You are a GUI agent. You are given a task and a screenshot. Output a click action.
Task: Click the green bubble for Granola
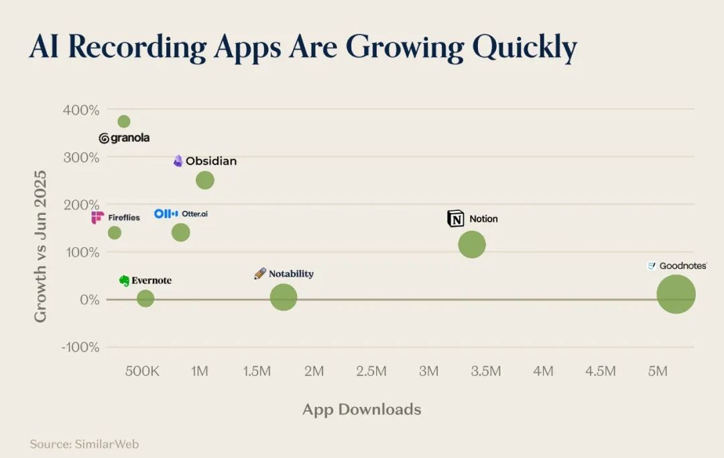[x=124, y=122]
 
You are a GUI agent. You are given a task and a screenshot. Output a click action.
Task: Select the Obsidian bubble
[x=205, y=180]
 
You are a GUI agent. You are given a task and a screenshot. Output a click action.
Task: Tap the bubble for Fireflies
[x=115, y=233]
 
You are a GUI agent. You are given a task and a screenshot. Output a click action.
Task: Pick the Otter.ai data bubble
[x=180, y=232]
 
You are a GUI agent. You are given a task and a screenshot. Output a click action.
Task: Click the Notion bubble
[x=472, y=244]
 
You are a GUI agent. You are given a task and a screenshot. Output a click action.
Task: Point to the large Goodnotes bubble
[x=676, y=294]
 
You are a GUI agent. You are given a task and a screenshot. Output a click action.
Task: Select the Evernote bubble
[x=145, y=298]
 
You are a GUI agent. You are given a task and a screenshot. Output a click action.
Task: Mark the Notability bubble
[x=284, y=297]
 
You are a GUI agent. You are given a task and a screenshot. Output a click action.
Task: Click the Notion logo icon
[x=456, y=218]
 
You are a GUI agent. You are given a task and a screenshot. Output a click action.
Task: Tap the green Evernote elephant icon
[x=124, y=280]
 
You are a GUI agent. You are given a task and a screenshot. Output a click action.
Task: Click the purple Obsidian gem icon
[x=178, y=161]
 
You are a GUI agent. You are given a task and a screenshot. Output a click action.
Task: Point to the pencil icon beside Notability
[x=260, y=273]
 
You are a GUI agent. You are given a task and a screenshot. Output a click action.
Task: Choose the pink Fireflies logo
[x=97, y=217]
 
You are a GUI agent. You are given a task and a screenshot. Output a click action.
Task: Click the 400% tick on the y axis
[x=81, y=110]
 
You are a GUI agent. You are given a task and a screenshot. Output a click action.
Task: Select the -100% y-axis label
[x=80, y=347]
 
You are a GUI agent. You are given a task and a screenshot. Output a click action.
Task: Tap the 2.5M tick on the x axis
[x=371, y=371]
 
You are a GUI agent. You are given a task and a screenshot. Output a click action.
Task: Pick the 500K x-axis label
[x=142, y=371]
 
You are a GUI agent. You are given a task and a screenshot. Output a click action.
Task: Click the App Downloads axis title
[x=362, y=410]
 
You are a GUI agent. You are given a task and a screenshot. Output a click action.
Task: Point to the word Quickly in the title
[x=524, y=47]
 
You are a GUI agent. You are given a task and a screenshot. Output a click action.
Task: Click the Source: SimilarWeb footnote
[x=84, y=444]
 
